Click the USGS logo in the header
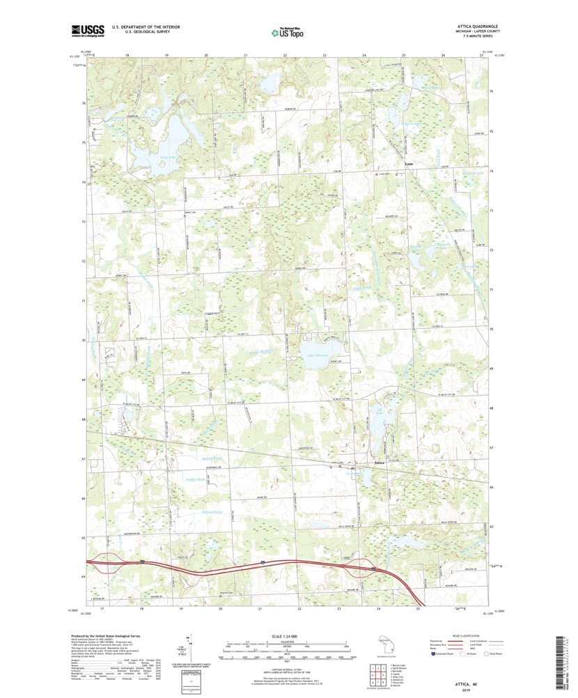(86, 30)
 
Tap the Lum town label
(409, 165)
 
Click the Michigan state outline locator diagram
(385, 644)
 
